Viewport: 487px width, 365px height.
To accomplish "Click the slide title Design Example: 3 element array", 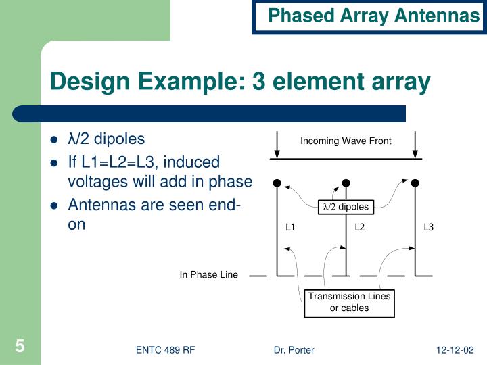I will click(x=240, y=81).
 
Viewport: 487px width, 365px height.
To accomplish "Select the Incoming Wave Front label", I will click(x=346, y=141).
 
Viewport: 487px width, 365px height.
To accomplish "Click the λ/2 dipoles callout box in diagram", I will click(x=345, y=206).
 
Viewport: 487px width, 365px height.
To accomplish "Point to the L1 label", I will click(x=291, y=227).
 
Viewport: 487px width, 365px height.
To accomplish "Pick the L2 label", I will click(x=360, y=227).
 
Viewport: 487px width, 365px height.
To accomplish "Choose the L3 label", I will click(x=428, y=227).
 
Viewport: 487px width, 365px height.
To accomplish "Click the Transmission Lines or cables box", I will click(x=349, y=302).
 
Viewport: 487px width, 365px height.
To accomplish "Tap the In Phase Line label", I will click(x=208, y=274).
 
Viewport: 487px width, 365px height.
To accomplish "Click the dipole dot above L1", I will click(x=277, y=182).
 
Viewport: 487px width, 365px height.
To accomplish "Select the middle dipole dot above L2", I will click(x=346, y=182).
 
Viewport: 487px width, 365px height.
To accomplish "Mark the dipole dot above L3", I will click(x=415, y=182).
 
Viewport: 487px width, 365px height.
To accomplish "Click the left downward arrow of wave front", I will click(x=277, y=143).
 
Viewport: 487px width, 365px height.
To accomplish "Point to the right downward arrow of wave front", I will click(x=415, y=143).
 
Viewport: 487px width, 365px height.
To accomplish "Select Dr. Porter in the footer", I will click(x=294, y=349).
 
